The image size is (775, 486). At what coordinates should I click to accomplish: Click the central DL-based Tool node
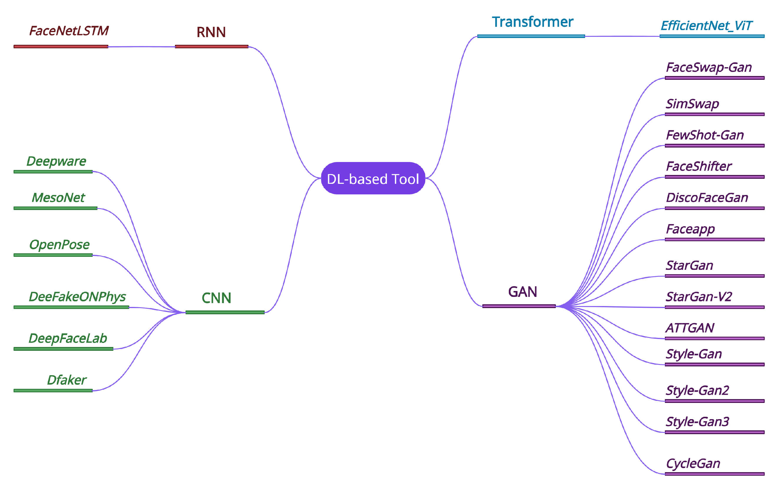click(x=373, y=178)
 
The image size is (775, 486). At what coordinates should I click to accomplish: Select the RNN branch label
click(x=211, y=32)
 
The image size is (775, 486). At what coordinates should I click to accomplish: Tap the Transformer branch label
click(x=532, y=22)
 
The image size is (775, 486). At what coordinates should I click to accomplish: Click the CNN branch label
click(x=216, y=298)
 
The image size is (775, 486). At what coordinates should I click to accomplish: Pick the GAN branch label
click(x=522, y=292)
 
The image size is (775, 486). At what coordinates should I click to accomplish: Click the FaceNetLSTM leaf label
click(x=69, y=31)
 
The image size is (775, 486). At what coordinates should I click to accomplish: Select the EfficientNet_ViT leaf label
click(x=706, y=26)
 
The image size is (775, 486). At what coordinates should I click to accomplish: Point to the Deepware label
click(x=56, y=161)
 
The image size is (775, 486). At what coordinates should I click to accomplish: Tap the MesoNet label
click(x=58, y=197)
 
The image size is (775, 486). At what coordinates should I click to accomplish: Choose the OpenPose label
click(x=59, y=244)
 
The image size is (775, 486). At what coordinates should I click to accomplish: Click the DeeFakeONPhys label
click(x=77, y=296)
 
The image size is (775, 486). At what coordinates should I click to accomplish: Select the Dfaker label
click(x=67, y=380)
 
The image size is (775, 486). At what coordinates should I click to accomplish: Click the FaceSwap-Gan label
click(x=709, y=67)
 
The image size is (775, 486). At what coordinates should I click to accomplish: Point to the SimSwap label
click(x=692, y=104)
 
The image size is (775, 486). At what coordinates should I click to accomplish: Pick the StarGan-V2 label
click(x=698, y=297)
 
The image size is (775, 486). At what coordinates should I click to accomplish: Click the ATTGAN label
click(x=690, y=328)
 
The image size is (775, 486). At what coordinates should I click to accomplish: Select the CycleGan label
click(x=693, y=464)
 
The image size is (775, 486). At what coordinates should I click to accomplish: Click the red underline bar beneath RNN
click(x=211, y=47)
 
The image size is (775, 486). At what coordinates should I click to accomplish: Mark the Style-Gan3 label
click(x=697, y=422)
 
